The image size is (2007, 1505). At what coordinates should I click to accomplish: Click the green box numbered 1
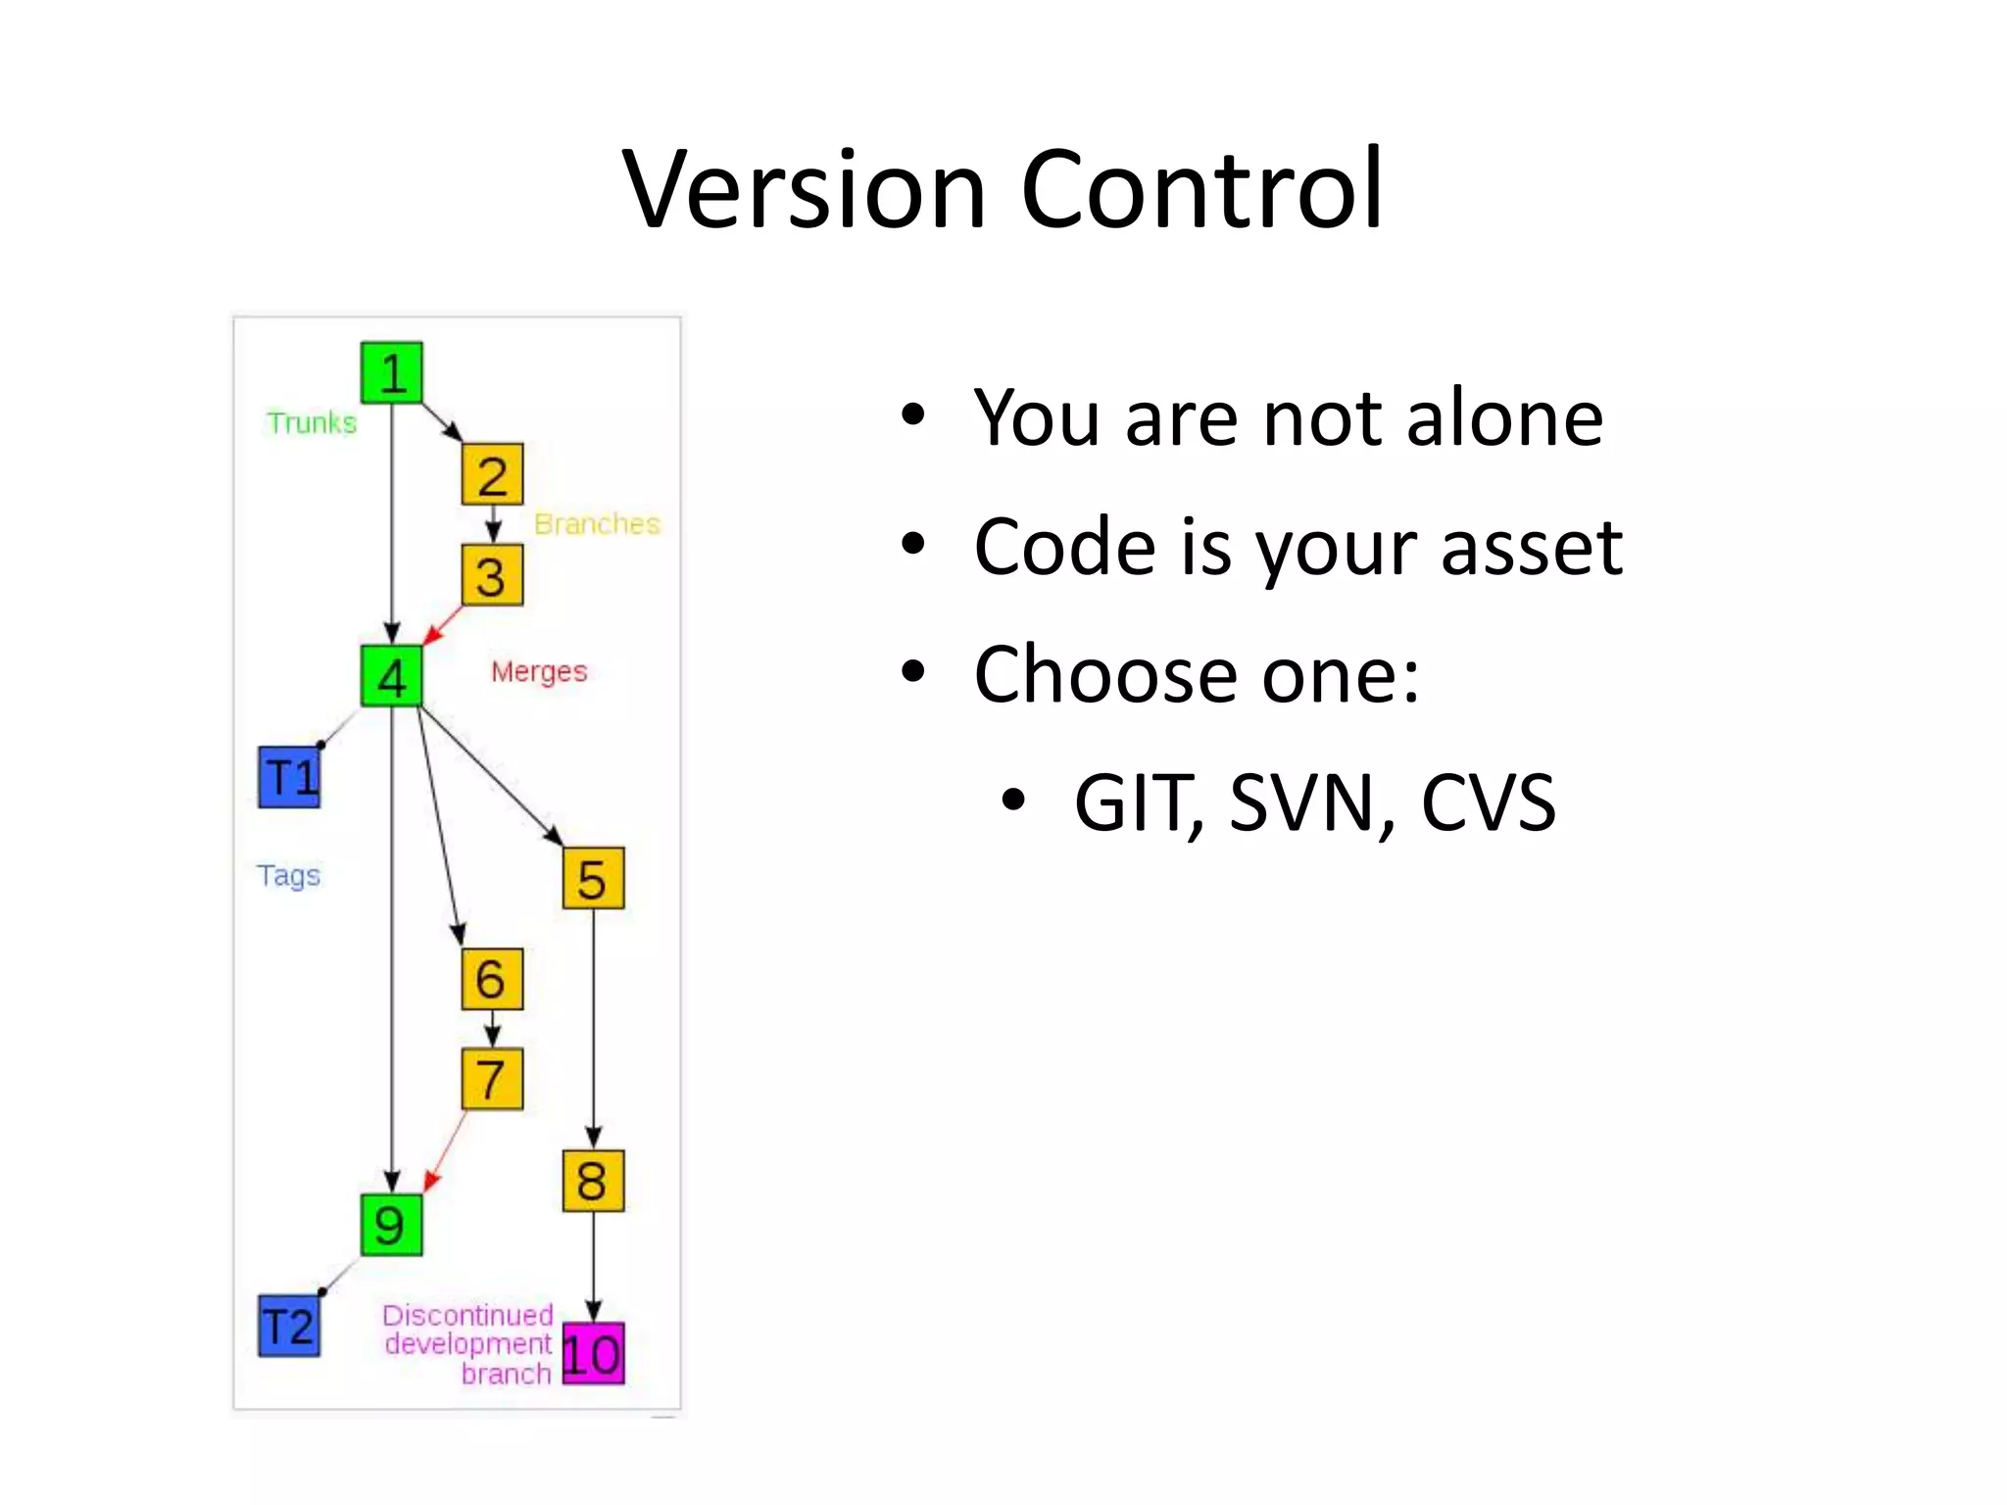tap(391, 372)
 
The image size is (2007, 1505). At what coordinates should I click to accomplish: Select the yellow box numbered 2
tap(492, 474)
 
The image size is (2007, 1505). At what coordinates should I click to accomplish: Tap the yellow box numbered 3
tap(492, 575)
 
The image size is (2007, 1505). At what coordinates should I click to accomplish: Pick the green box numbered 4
tap(391, 676)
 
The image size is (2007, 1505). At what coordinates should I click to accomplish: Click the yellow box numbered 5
tap(593, 878)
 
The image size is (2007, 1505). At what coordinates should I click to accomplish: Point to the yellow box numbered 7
tap(492, 1079)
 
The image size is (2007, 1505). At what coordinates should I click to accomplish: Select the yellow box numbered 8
tap(593, 1181)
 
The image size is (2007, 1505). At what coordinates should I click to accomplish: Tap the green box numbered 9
tap(391, 1225)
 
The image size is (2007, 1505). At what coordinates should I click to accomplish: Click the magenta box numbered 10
tap(593, 1354)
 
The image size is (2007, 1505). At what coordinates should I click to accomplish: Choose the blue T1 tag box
tap(289, 777)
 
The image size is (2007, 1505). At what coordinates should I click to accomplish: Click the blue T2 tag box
tap(289, 1327)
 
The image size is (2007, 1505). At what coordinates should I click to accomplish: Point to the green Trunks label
tap(312, 423)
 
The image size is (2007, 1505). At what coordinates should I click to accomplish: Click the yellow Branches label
tap(597, 524)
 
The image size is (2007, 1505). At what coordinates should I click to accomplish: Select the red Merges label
tap(539, 672)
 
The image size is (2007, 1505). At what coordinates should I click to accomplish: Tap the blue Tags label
tap(288, 875)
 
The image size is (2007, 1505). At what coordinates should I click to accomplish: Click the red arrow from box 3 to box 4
tap(442, 625)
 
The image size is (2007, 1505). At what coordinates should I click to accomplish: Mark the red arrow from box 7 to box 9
tap(445, 1152)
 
